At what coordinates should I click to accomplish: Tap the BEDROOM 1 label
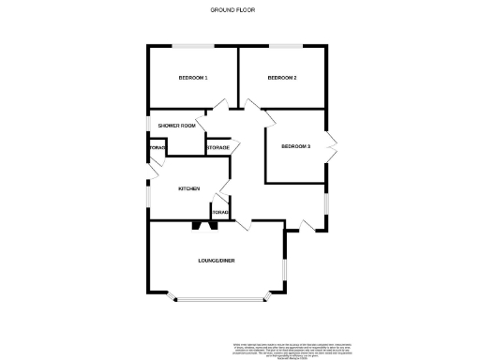[x=193, y=78]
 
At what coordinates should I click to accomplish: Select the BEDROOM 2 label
[x=282, y=78]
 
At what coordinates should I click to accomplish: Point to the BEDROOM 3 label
[x=295, y=145]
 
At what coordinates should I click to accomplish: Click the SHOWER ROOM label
[x=176, y=126]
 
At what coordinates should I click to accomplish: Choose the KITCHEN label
[x=189, y=189]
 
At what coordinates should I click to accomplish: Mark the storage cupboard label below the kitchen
[x=220, y=213]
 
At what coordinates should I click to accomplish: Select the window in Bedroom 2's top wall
[x=285, y=46]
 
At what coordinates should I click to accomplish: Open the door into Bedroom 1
[x=222, y=104]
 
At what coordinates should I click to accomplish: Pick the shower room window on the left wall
[x=147, y=125]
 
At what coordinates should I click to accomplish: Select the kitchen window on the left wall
[x=147, y=191]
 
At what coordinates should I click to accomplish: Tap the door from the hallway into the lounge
[x=246, y=225]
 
